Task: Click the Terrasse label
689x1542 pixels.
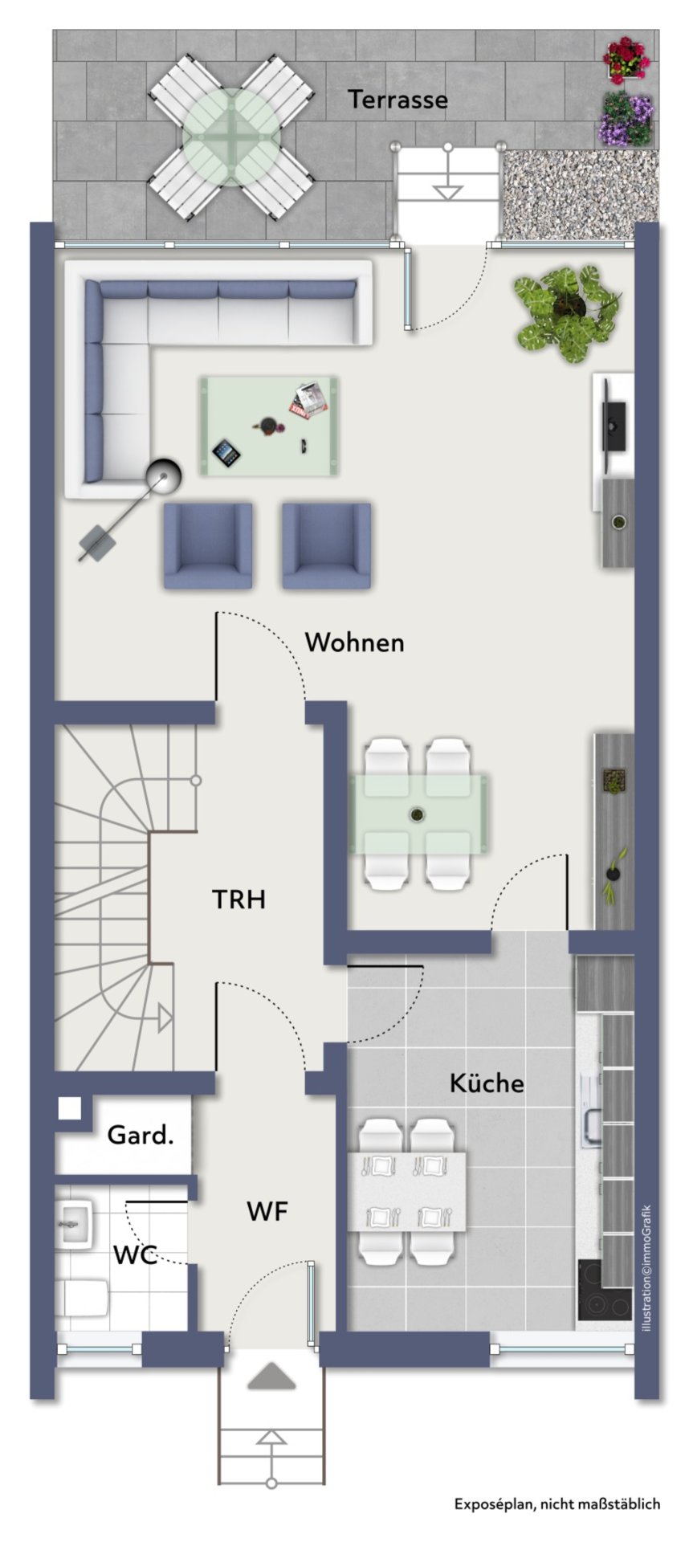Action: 397,100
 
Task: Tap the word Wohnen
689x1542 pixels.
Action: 354,642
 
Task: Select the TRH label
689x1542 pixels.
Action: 238,899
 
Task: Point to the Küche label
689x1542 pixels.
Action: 487,1083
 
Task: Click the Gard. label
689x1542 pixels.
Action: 141,1136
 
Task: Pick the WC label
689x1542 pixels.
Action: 135,1254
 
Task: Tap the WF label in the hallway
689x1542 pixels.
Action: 267,1211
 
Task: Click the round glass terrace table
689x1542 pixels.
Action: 231,137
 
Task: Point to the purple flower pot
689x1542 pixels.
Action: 625,119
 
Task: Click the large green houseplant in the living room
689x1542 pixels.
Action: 568,312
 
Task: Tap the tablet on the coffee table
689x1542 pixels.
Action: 226,453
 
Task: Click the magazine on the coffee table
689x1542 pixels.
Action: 309,399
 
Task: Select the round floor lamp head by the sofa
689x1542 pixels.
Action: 164,477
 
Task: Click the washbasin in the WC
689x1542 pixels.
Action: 75,1222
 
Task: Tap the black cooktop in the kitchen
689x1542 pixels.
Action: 605,1292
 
